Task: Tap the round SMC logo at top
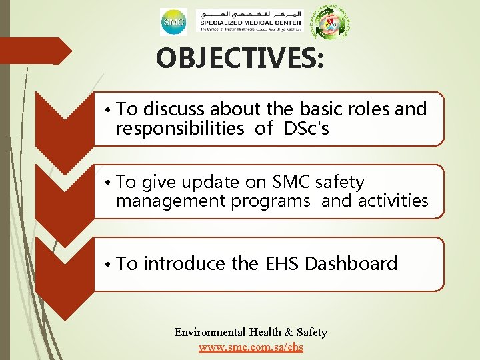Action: coord(173,23)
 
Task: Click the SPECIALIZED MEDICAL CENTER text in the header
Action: coord(251,25)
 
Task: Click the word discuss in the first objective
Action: coord(174,109)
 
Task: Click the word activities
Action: coord(393,201)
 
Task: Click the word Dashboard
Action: coord(351,264)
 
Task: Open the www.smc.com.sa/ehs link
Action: coord(251,347)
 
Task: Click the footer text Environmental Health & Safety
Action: coord(251,332)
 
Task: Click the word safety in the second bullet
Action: coord(340,182)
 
